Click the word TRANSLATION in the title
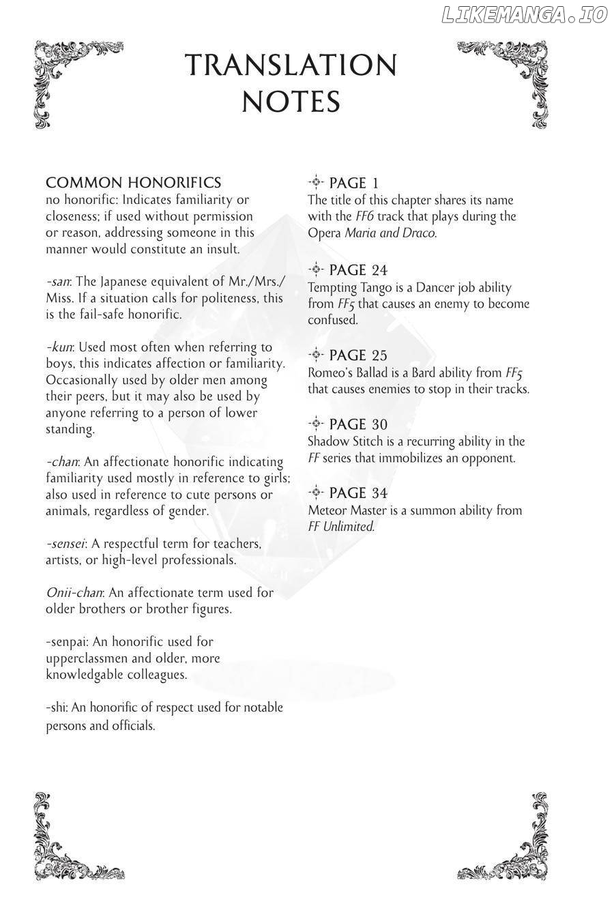coord(291,65)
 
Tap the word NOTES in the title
coord(291,102)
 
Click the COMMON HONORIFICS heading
coord(133,183)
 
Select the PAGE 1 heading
coord(353,183)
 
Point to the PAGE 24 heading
coord(357,270)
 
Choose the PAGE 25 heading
coord(357,355)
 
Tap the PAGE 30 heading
coord(357,424)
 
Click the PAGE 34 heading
coord(357,493)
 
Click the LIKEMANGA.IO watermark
coord(524,15)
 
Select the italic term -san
coord(59,282)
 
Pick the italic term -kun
coord(60,347)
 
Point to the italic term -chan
coord(62,462)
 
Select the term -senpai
coord(67,642)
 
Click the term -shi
coord(57,708)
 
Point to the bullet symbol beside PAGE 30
coord(315,424)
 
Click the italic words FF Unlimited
coord(341,527)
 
